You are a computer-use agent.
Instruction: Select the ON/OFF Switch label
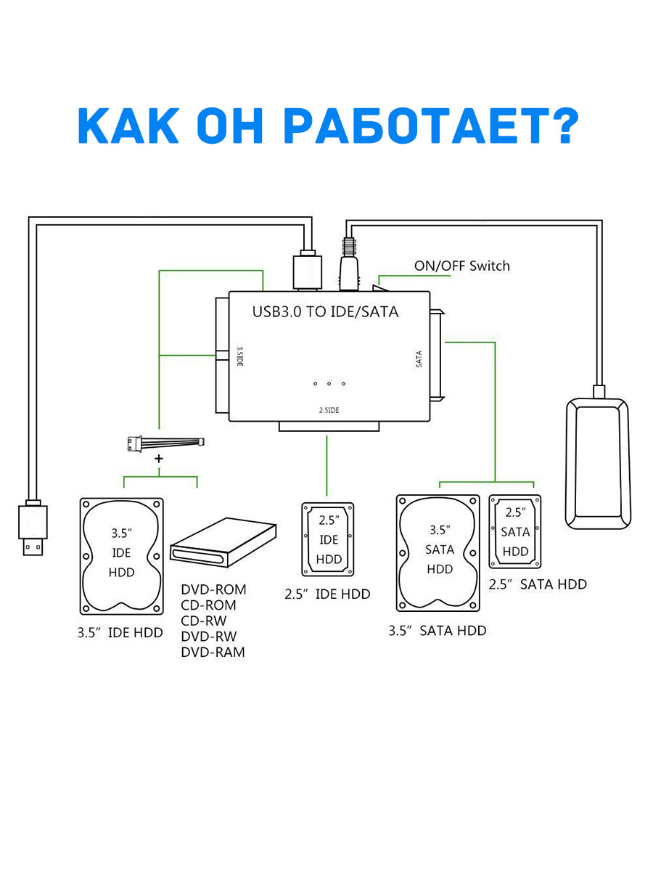[461, 266]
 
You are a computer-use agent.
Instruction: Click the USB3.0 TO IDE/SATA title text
[325, 312]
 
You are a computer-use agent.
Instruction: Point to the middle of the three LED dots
[329, 383]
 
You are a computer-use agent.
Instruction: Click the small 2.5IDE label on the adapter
[329, 411]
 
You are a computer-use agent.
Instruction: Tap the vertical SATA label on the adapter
[419, 359]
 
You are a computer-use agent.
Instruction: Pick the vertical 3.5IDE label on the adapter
[239, 358]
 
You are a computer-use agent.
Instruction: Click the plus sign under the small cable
[159, 459]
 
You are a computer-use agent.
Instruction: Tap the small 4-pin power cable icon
[165, 441]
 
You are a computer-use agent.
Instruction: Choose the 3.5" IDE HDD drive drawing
[121, 555]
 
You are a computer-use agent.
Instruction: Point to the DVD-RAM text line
[213, 652]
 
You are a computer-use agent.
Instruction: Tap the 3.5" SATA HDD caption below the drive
[437, 631]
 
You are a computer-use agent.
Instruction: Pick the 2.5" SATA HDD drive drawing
[515, 531]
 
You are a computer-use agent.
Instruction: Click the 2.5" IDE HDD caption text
[327, 594]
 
